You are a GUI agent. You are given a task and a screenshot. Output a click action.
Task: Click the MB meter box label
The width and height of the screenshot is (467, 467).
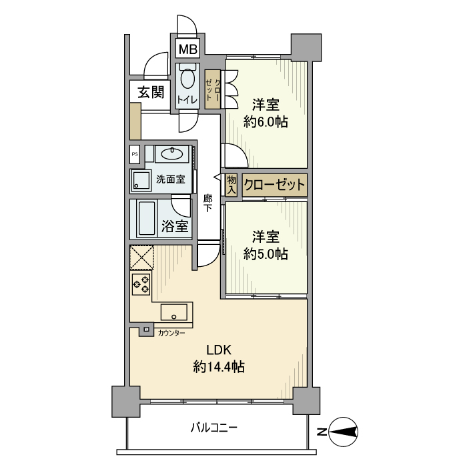188,49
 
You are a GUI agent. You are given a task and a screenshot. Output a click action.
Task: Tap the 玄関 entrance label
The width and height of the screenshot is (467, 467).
151,92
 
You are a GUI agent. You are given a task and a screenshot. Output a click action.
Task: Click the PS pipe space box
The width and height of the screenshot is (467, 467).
135,154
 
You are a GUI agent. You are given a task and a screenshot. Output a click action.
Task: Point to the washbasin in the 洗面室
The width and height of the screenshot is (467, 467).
172,154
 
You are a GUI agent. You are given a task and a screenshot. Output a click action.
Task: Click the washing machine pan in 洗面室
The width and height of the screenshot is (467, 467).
141,181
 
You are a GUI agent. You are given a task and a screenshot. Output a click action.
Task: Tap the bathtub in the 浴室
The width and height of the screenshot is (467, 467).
147,219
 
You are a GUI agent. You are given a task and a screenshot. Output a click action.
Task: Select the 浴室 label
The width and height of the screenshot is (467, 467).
175,227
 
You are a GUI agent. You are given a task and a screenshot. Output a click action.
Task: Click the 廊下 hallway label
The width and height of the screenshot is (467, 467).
208,203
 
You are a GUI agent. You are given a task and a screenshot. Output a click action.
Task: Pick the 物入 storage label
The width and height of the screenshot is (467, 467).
231,185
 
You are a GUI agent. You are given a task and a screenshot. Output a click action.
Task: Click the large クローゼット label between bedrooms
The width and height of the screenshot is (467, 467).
274,185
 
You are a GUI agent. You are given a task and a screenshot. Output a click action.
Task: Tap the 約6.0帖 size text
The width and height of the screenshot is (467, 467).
266,122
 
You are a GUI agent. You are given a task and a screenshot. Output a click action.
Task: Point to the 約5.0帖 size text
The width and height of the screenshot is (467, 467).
266,254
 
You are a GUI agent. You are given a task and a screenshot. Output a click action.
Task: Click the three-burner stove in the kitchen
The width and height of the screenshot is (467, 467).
141,284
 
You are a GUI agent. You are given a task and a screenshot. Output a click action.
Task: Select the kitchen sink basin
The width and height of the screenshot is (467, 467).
174,312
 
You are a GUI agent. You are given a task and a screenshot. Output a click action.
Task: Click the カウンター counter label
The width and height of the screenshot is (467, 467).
171,333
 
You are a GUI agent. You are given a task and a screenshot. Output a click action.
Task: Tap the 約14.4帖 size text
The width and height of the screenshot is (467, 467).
219,367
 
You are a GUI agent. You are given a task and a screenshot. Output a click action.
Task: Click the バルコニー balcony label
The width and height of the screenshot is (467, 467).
214,428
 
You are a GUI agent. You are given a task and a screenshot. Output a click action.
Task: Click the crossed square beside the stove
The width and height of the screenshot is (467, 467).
141,258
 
